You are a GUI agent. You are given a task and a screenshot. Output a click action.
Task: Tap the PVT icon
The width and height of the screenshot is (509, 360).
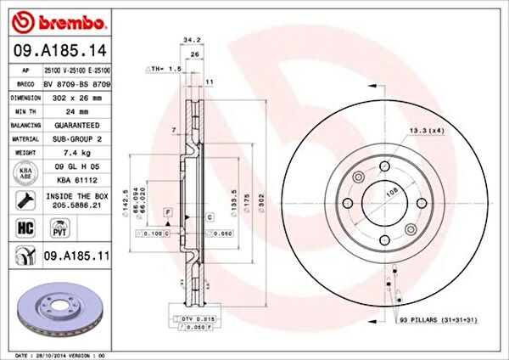pos(60,229)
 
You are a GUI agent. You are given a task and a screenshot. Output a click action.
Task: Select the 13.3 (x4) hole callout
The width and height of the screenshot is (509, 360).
pos(426,130)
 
